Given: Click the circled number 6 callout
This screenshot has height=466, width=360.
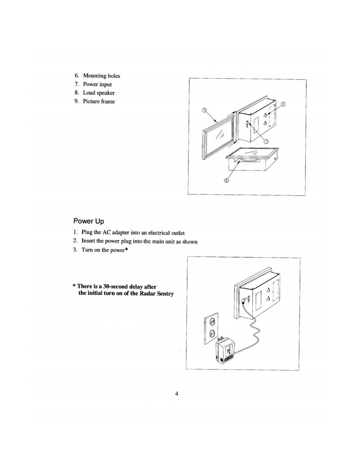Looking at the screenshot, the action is point(283,104).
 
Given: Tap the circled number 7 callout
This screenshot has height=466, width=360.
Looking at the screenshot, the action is point(266,142).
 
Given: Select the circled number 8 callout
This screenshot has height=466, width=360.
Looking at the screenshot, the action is point(226,180).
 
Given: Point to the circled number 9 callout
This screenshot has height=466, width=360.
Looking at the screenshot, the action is point(204,110).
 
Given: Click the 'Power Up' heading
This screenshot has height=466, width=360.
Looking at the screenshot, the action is point(88,221).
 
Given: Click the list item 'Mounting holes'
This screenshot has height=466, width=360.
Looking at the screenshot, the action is point(101,76).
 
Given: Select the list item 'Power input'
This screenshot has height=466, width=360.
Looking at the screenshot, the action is point(97,84).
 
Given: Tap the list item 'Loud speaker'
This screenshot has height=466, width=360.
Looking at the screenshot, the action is point(99,93).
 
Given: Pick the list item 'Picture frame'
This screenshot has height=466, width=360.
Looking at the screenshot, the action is point(99,102).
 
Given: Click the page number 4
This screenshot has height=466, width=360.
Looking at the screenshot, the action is point(176,394).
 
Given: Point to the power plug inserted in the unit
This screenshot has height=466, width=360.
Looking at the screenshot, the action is point(243,300).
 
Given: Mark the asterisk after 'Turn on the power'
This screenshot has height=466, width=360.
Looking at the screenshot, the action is point(127,250).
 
